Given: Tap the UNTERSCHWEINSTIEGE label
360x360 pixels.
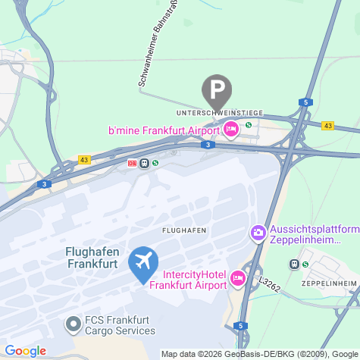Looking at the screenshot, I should (218, 113).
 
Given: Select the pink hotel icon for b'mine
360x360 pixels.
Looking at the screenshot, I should (232, 130).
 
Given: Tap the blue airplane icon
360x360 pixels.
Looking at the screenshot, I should (142, 262).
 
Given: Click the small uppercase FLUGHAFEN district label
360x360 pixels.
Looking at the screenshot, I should (184, 229).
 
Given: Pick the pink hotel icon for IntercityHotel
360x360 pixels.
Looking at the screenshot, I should (238, 279).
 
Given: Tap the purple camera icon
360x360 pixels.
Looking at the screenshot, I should (258, 232).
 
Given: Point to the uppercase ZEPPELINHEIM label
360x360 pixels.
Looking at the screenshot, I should (328, 283).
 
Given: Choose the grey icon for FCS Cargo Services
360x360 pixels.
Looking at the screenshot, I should (74, 324).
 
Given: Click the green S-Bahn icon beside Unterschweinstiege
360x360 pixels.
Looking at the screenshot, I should (248, 125).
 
